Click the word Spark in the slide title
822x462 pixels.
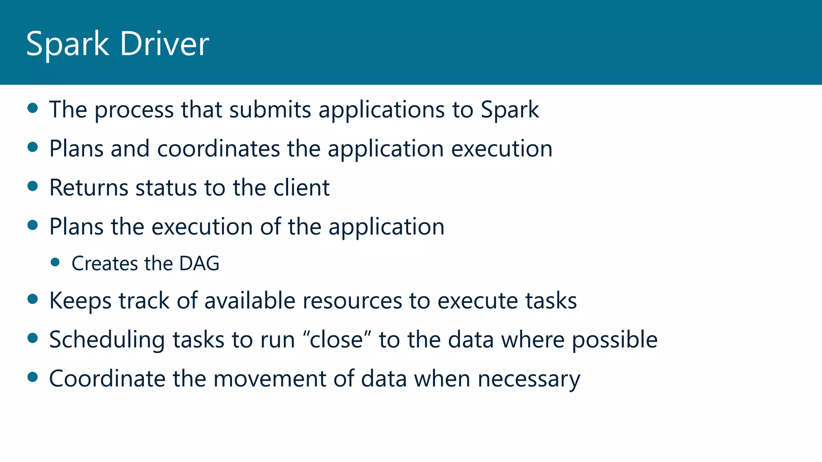[67, 44]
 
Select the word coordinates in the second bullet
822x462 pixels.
[218, 149]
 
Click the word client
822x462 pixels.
[301, 188]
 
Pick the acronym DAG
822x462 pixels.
[199, 263]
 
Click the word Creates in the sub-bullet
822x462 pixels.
[104, 263]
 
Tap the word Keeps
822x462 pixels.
[80, 301]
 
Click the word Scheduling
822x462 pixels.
[107, 340]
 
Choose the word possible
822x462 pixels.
[614, 340]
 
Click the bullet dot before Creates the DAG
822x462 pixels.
[55, 262]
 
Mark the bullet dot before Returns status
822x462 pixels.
[33, 186]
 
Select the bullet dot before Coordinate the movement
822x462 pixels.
[33, 377]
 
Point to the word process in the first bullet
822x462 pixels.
[134, 110]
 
